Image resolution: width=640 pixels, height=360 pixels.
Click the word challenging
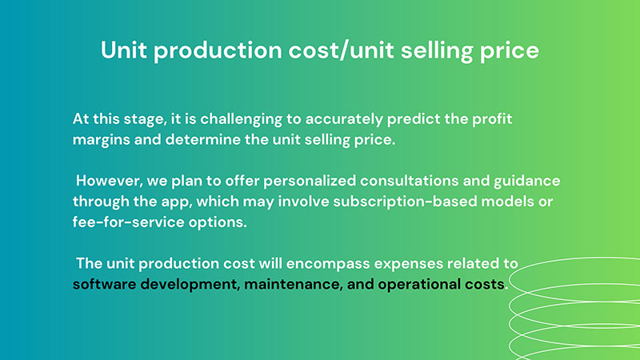tap(241, 119)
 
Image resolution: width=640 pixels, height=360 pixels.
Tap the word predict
tap(414, 119)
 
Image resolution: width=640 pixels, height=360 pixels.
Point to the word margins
tap(102, 141)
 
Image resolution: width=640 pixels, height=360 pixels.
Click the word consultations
tap(410, 181)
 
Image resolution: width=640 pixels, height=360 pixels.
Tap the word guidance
tap(527, 182)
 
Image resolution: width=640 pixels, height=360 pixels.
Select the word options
tap(218, 223)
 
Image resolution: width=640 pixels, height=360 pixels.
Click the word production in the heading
tap(218, 51)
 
